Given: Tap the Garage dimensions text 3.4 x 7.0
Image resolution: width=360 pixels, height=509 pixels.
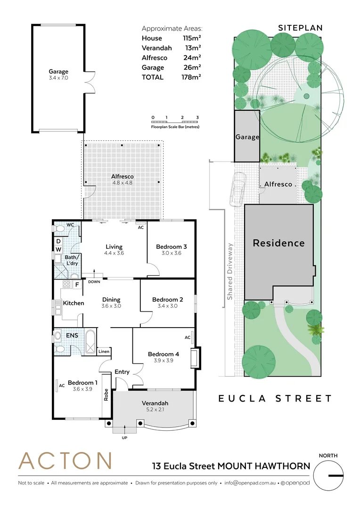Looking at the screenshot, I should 58,78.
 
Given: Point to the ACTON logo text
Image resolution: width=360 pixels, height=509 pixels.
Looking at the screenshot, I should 65,460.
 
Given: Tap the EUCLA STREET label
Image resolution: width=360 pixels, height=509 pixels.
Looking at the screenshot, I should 275,399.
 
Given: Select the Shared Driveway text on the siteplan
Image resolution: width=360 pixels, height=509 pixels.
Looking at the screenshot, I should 230,271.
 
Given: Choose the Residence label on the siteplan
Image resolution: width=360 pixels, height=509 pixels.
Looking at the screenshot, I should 278,243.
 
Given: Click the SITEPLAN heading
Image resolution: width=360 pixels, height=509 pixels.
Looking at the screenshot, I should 300,28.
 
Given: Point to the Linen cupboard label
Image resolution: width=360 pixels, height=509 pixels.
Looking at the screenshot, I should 104,352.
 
